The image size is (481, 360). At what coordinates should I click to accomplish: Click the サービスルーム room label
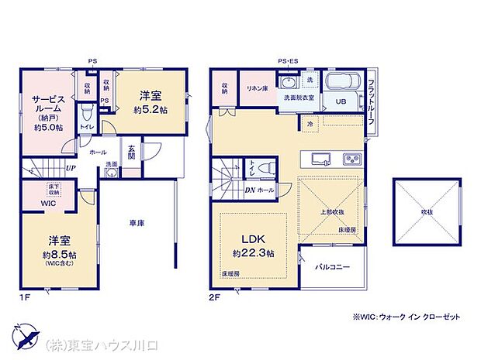pyautogui.click(x=47, y=106)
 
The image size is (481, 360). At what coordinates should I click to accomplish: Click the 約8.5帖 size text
pyautogui.click(x=59, y=255)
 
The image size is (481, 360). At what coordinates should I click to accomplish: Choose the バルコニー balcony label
pyautogui.click(x=331, y=267)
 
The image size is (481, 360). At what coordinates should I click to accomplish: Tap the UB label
pyautogui.click(x=340, y=101)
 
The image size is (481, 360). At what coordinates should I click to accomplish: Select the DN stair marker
pyautogui.click(x=251, y=189)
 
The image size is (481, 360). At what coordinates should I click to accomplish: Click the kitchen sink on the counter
pyautogui.click(x=322, y=159)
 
